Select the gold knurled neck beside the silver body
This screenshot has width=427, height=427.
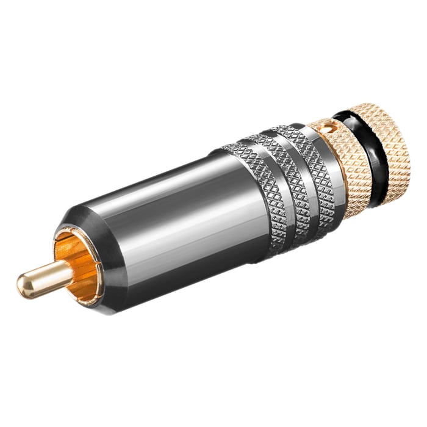click(x=348, y=159)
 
